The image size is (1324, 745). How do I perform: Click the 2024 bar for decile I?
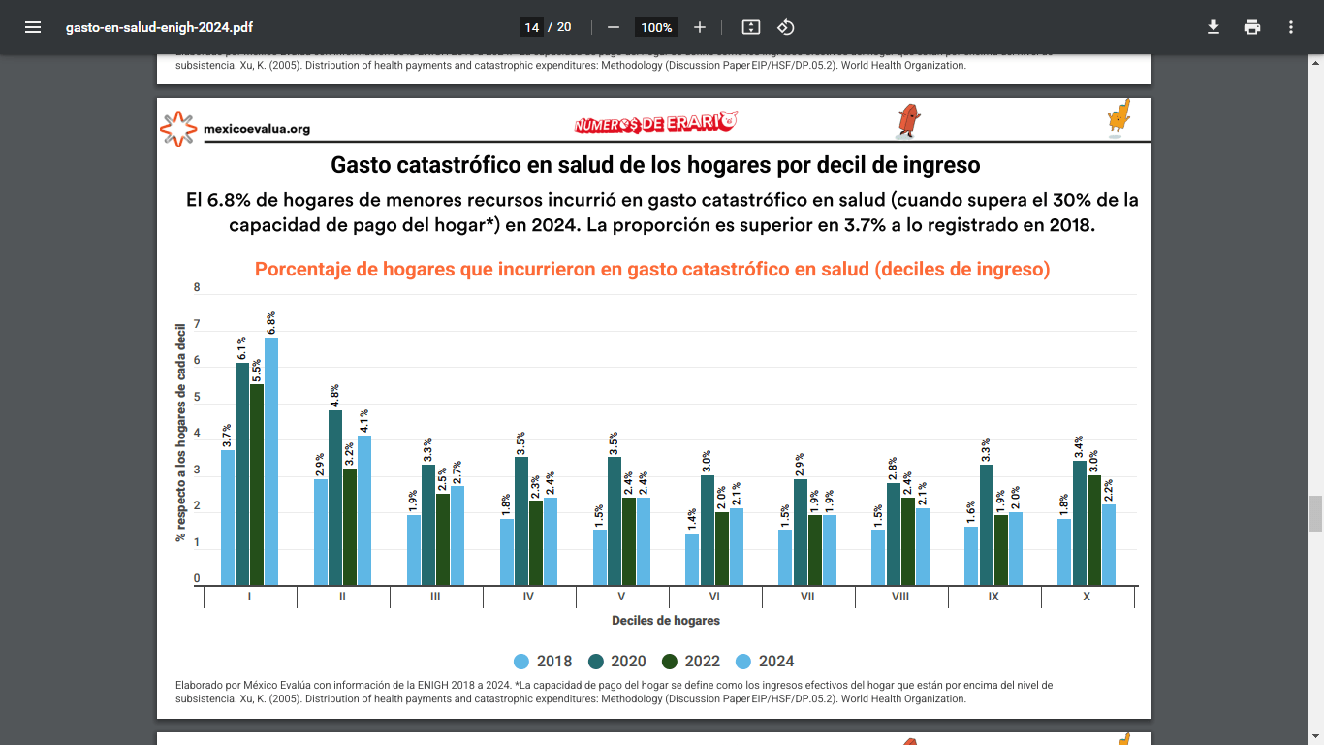pyautogui.click(x=271, y=461)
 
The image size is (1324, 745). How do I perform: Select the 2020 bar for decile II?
pyautogui.click(x=335, y=498)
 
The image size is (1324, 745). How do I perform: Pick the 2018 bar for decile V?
pyautogui.click(x=600, y=557)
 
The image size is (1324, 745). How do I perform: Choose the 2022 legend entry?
pyautogui.click(x=691, y=662)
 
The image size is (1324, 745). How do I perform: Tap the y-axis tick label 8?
pyautogui.click(x=198, y=287)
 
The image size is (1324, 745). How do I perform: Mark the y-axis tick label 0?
pyautogui.click(x=198, y=579)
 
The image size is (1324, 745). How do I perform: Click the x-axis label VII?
pyautogui.click(x=807, y=597)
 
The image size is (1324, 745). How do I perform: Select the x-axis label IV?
pyautogui.click(x=528, y=597)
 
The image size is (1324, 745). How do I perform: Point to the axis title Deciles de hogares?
pyautogui.click(x=666, y=621)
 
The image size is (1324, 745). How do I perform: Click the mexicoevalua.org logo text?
pyautogui.click(x=257, y=129)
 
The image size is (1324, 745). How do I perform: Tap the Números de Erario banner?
pyautogui.click(x=655, y=124)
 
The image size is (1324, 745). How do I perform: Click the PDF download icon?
pyautogui.click(x=1213, y=27)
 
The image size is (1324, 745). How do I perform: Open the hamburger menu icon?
pyautogui.click(x=33, y=27)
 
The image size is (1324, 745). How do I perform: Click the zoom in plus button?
pyautogui.click(x=700, y=27)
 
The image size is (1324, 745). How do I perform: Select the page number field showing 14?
pyautogui.click(x=532, y=27)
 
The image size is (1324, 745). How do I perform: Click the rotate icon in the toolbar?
pyautogui.click(x=786, y=27)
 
